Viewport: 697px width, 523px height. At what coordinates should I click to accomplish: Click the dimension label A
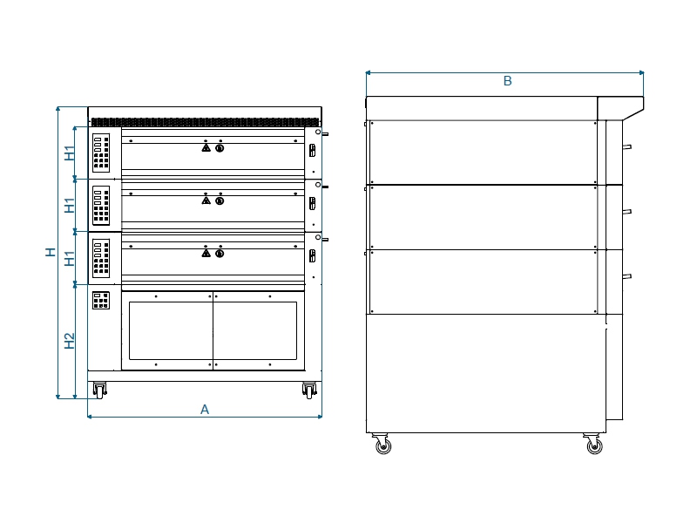pos(205,409)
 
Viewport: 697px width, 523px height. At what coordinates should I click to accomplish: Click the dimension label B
pos(507,81)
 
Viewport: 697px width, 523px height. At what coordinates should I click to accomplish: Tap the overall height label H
pos(51,252)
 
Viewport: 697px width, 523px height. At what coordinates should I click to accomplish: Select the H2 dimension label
pos(70,341)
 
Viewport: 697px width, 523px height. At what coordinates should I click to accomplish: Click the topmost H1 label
pos(70,153)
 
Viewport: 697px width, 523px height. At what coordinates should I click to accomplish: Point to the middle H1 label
pos(70,206)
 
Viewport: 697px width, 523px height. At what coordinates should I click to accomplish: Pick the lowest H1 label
pos(70,258)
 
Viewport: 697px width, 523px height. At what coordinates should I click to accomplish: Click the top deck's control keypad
pos(101,153)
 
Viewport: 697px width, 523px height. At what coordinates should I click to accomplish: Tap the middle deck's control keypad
pos(101,206)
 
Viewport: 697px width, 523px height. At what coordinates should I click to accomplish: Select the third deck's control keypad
pos(101,258)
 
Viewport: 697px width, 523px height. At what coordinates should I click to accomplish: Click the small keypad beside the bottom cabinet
pos(101,300)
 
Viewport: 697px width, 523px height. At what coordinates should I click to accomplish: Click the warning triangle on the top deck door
pos(206,147)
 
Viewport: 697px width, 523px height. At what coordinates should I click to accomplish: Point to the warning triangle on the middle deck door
pos(206,200)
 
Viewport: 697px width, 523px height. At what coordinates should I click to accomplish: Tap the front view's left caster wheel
pos(100,391)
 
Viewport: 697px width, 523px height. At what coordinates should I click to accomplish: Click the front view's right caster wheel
pos(309,391)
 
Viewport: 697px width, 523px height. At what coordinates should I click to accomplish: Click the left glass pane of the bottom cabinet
pos(171,331)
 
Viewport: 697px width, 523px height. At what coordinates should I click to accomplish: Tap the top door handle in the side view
pos(626,146)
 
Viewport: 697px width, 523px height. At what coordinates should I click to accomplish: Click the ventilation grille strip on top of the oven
pos(205,122)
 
